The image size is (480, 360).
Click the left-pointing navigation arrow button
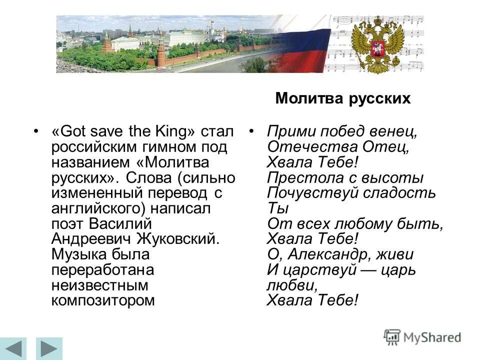[x=14, y=348]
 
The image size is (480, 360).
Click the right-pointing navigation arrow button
[x=48, y=348]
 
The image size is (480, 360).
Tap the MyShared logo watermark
[x=422, y=337]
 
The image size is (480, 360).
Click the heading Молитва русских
[x=342, y=98]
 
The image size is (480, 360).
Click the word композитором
[x=102, y=300]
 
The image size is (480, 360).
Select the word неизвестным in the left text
[x=100, y=285]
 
